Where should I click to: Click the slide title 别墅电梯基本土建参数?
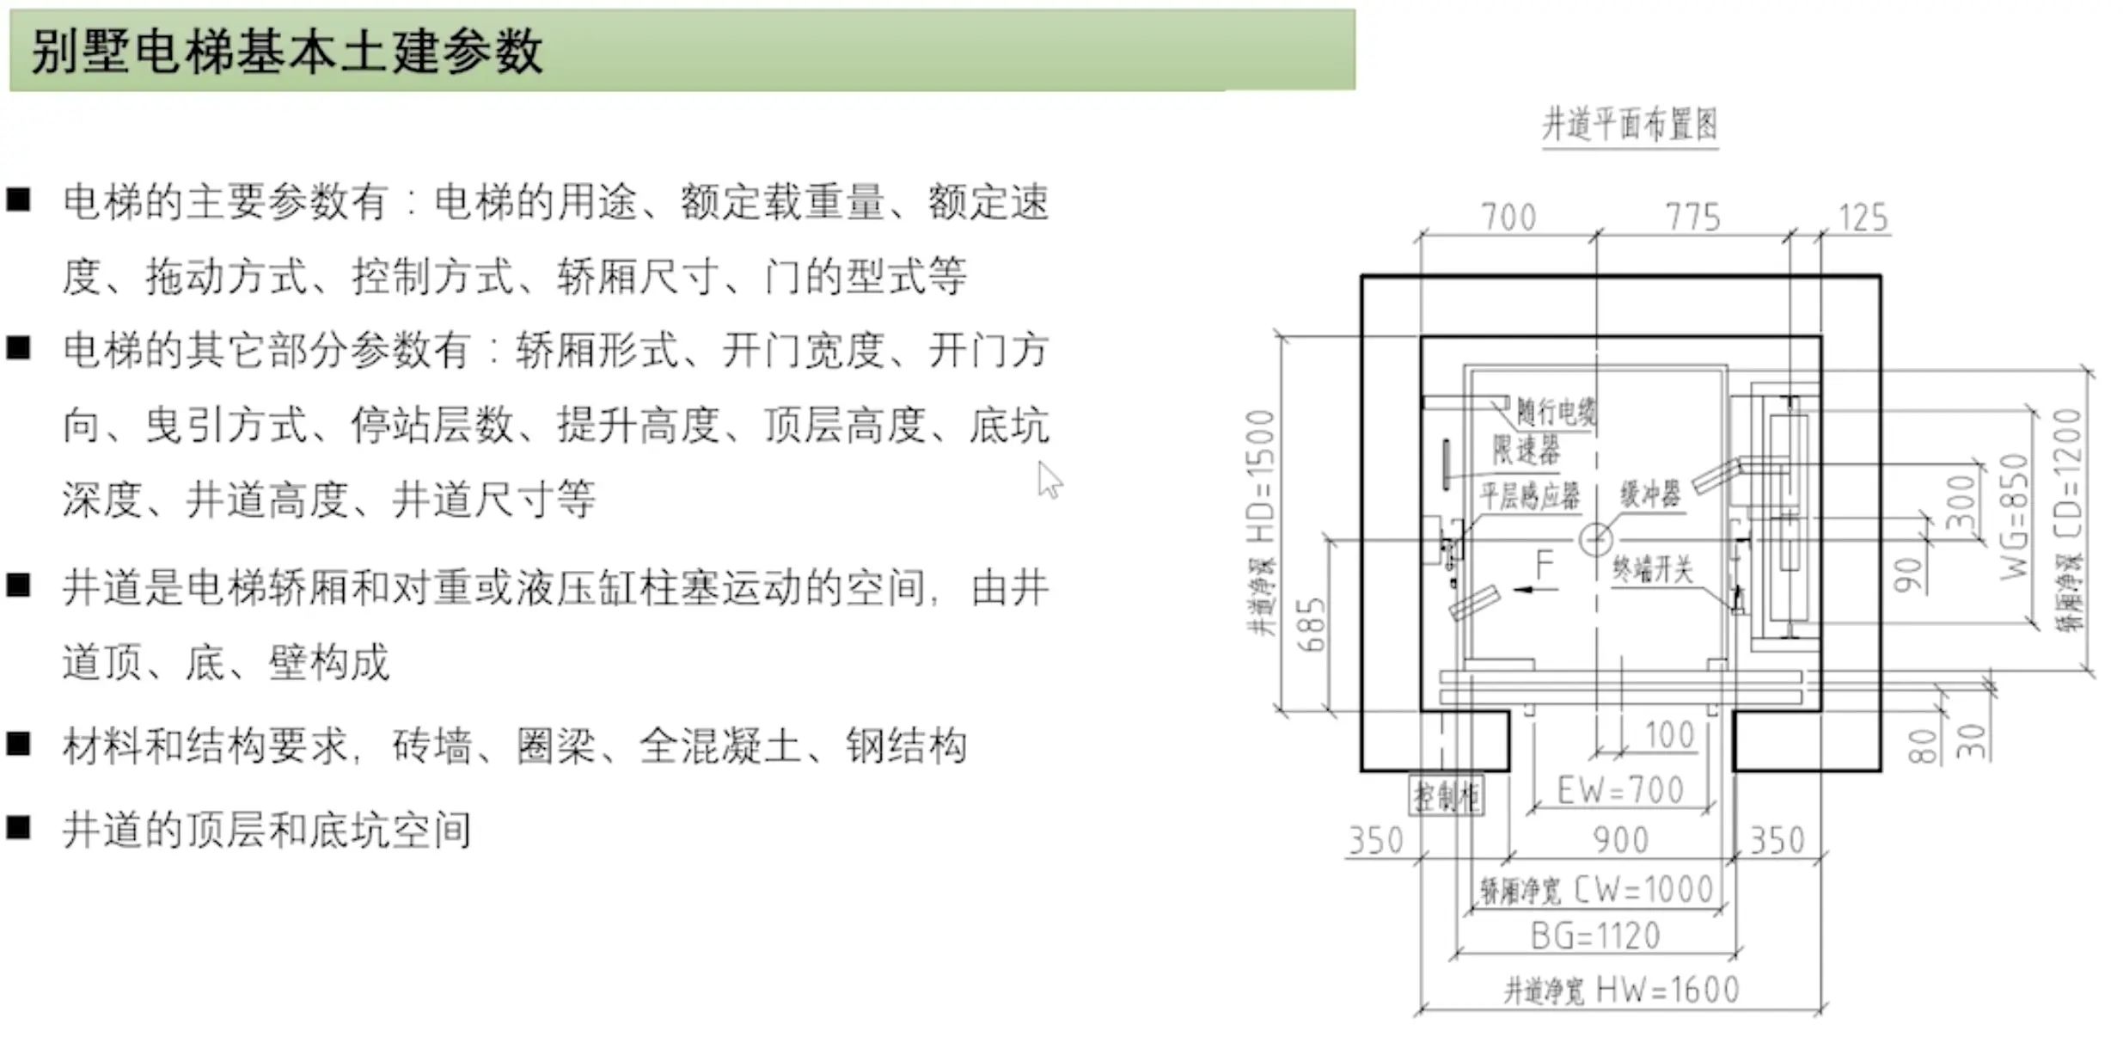tap(286, 51)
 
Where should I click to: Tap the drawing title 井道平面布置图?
tap(1629, 126)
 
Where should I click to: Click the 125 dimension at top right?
tap(1862, 218)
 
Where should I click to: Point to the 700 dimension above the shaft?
tap(1508, 218)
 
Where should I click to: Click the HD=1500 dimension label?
tap(1260, 477)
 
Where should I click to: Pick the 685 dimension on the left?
tap(1312, 626)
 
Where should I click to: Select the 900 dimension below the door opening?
tap(1620, 840)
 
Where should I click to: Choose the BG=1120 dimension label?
tap(1595, 936)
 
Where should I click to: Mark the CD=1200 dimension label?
tap(2070, 474)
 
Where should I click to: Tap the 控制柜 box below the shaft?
tap(1447, 797)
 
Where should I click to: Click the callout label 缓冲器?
tap(1649, 494)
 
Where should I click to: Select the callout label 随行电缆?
tap(1555, 412)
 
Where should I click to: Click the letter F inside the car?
tap(1545, 564)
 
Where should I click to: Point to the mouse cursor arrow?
tap(1049, 480)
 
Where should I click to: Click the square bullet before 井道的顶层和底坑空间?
tap(19, 828)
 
